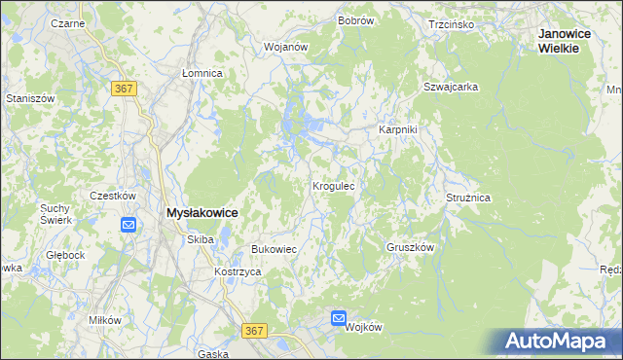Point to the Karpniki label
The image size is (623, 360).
(x=397, y=128)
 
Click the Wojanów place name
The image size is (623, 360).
(x=285, y=46)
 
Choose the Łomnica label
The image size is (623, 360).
(x=202, y=73)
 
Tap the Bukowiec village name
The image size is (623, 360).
(x=274, y=249)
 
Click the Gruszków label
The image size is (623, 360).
(x=409, y=247)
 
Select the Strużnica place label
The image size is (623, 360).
(x=468, y=198)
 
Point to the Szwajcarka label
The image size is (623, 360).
(x=450, y=87)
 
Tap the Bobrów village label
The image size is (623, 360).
(x=356, y=19)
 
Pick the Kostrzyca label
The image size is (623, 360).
(x=238, y=271)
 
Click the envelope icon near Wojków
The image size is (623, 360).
(x=338, y=318)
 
